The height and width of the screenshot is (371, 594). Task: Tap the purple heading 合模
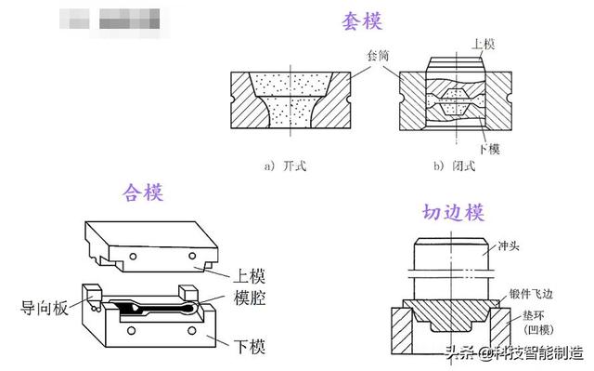tap(143, 192)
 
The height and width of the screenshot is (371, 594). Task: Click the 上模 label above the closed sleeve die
tap(484, 44)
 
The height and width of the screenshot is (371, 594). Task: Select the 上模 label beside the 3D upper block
tap(250, 275)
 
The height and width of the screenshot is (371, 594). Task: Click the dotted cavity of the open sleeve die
tap(290, 101)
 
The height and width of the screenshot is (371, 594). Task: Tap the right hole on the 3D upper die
tap(193, 255)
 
